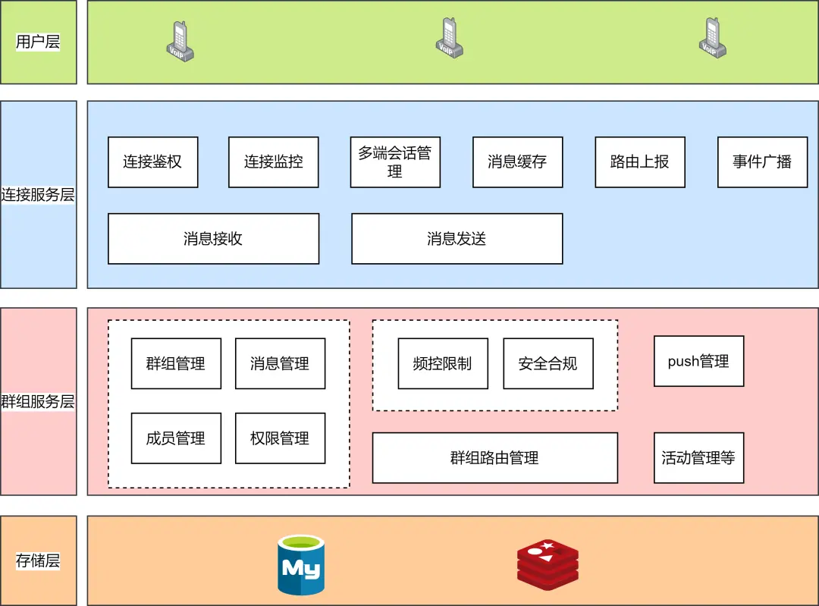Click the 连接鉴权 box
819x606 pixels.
pyautogui.click(x=152, y=162)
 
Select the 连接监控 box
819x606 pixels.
pyautogui.click(x=273, y=162)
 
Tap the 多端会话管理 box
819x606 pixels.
pyautogui.click(x=394, y=162)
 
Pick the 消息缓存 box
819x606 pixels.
pyautogui.click(x=517, y=162)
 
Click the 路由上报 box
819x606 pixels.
pyautogui.click(x=639, y=162)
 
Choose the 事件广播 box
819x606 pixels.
pyautogui.click(x=762, y=162)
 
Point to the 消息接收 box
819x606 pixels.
pyautogui.click(x=213, y=239)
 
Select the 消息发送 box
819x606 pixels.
pyautogui.click(x=457, y=239)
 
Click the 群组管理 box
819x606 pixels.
pyautogui.click(x=176, y=364)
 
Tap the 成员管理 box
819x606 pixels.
pyautogui.click(x=176, y=438)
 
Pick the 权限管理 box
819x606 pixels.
pyautogui.click(x=280, y=438)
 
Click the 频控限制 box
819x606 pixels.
pyautogui.click(x=442, y=364)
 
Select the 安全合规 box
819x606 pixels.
pyautogui.click(x=548, y=364)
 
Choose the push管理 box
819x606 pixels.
pyautogui.click(x=698, y=362)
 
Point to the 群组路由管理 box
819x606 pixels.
pyautogui.click(x=494, y=458)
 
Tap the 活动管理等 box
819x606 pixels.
pyautogui.click(x=698, y=458)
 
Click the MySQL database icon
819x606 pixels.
pyautogui.click(x=300, y=566)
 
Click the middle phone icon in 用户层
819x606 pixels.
pyautogui.click(x=449, y=38)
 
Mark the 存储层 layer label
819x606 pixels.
pyautogui.click(x=38, y=561)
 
